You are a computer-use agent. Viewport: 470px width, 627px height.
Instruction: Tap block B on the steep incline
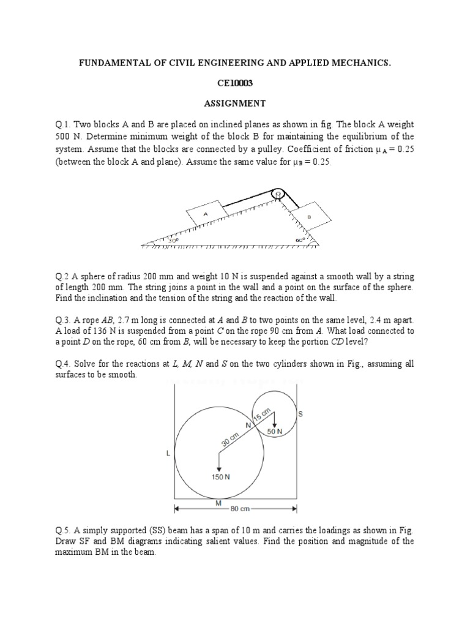click(310, 216)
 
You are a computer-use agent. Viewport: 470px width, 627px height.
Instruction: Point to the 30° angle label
click(174, 241)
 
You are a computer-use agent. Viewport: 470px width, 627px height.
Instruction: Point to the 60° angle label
click(299, 241)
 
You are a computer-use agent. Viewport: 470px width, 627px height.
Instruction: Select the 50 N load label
click(275, 431)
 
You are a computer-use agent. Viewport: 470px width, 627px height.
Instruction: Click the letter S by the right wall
click(300, 414)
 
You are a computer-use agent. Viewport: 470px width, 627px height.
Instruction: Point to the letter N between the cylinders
click(248, 424)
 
